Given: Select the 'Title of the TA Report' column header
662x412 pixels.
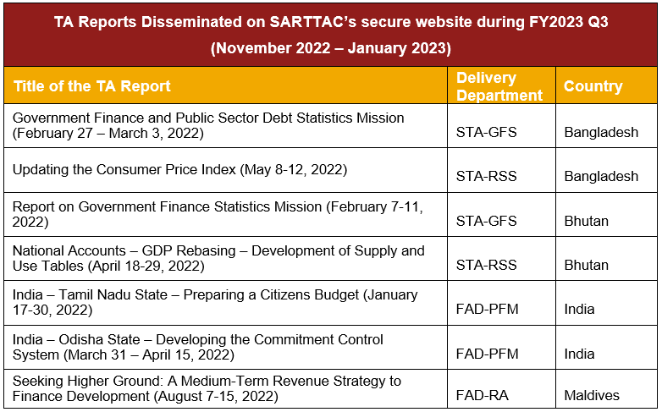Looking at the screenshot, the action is click(x=92, y=86).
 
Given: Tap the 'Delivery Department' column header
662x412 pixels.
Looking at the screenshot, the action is click(x=499, y=86).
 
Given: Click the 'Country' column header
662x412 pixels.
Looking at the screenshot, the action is click(x=593, y=86).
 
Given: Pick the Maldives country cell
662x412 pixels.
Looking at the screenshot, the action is click(x=592, y=395).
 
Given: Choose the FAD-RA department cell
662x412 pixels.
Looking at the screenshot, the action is click(x=483, y=395).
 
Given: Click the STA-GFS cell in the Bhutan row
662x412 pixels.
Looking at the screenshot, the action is click(x=487, y=221).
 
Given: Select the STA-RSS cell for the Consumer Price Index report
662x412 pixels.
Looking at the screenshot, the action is click(x=487, y=176).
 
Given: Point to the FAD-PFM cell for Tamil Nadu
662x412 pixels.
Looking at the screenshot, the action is click(x=488, y=309).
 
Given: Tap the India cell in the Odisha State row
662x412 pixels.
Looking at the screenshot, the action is click(x=579, y=354).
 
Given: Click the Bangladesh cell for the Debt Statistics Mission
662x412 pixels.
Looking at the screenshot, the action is click(x=601, y=132).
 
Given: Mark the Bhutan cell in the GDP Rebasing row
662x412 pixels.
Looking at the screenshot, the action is click(x=587, y=265).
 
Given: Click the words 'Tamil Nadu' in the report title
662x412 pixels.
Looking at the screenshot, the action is click(x=113, y=294).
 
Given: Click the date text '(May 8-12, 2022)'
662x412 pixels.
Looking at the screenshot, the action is click(x=294, y=170).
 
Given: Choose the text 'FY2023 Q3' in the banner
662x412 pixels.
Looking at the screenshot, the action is click(x=569, y=22).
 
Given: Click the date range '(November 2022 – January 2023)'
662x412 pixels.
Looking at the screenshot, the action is click(x=331, y=48).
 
